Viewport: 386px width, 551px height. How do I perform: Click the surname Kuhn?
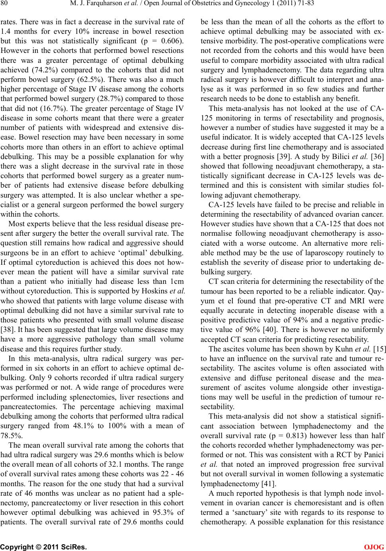click(x=349, y=349)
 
